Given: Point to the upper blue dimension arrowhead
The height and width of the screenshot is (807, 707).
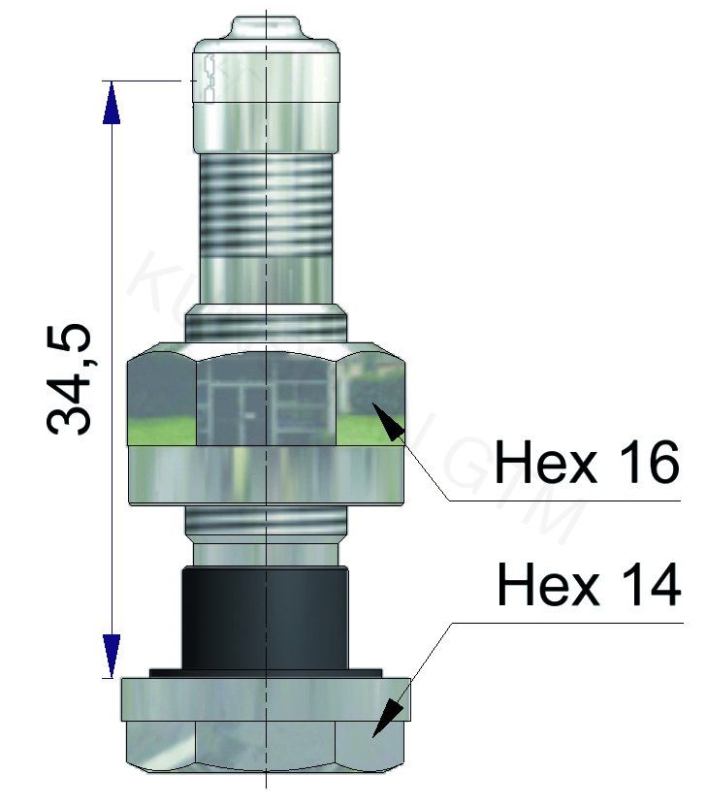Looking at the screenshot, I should click(x=112, y=102).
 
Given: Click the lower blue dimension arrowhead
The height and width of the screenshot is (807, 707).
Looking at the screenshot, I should click(x=112, y=656).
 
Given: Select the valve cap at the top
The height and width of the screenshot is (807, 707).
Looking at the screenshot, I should click(x=267, y=92).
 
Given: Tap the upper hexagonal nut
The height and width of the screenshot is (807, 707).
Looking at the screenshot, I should click(x=267, y=398).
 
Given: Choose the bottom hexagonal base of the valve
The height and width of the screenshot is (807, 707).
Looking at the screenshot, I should click(x=267, y=727).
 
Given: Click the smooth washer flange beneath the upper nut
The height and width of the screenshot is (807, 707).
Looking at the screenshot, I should click(x=267, y=475).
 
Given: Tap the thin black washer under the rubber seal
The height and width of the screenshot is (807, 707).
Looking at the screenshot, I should click(x=267, y=671).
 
